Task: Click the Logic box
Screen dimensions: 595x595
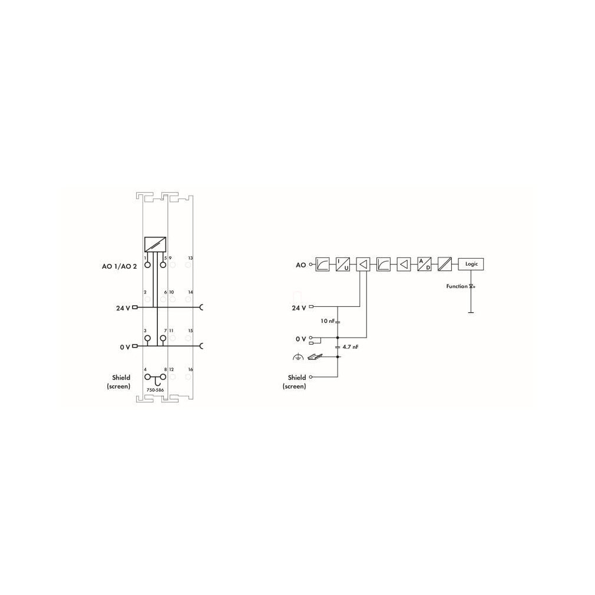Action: pos(471,264)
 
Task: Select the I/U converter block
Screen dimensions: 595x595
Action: pos(343,264)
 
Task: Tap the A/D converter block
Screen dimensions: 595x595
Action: pos(424,264)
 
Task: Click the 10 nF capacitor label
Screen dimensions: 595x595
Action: pos(328,321)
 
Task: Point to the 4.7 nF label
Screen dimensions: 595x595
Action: pos(351,347)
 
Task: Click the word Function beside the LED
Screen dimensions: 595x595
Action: pos(457,286)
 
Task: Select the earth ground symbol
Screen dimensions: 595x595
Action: pos(298,356)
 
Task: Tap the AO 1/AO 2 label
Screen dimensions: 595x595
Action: pos(119,266)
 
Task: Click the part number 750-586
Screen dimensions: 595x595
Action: pos(155,390)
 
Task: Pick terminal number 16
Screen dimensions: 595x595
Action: pos(190,369)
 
